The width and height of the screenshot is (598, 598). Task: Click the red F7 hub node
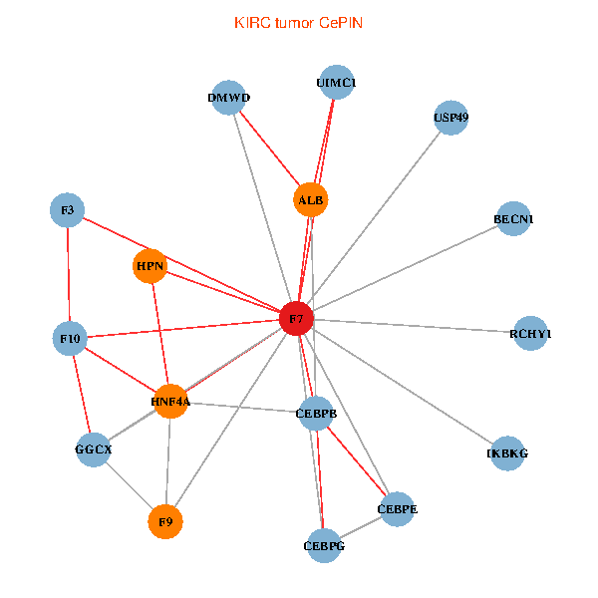tap(296, 319)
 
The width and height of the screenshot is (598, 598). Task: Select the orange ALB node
tap(311, 200)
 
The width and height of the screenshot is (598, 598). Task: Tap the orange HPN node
tap(149, 267)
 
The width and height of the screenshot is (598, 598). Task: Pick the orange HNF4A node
tap(170, 401)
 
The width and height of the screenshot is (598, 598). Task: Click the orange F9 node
tap(165, 520)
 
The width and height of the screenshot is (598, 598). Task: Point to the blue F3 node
tap(67, 210)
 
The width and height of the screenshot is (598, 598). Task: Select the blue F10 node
tap(70, 339)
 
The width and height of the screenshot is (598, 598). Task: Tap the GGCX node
tap(94, 449)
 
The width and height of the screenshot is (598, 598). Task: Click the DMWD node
tap(229, 98)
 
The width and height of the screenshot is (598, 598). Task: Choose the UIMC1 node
tap(336, 82)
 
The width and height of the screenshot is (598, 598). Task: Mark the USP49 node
tap(450, 118)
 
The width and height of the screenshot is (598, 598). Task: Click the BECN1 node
tap(513, 218)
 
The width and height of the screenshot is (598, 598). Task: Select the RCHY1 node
tap(529, 334)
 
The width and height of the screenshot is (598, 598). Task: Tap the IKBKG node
tap(507, 453)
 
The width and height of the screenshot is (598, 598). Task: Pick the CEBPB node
tap(316, 412)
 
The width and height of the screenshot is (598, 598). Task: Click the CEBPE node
tap(398, 509)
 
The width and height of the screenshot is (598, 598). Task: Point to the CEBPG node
tap(324, 545)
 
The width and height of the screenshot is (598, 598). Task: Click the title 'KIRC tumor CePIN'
tap(298, 22)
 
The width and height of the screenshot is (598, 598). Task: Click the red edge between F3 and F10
tap(68, 274)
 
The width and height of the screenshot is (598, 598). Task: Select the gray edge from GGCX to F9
tap(129, 484)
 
